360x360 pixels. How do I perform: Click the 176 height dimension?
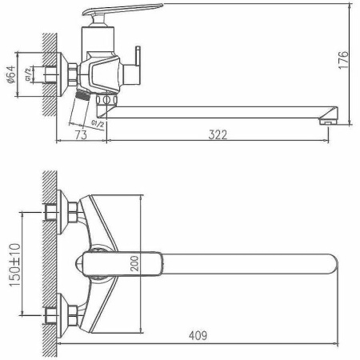click(x=343, y=61)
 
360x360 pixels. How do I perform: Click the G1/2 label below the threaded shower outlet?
click(x=96, y=122)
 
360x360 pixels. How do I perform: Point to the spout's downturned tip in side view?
click(x=326, y=121)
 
